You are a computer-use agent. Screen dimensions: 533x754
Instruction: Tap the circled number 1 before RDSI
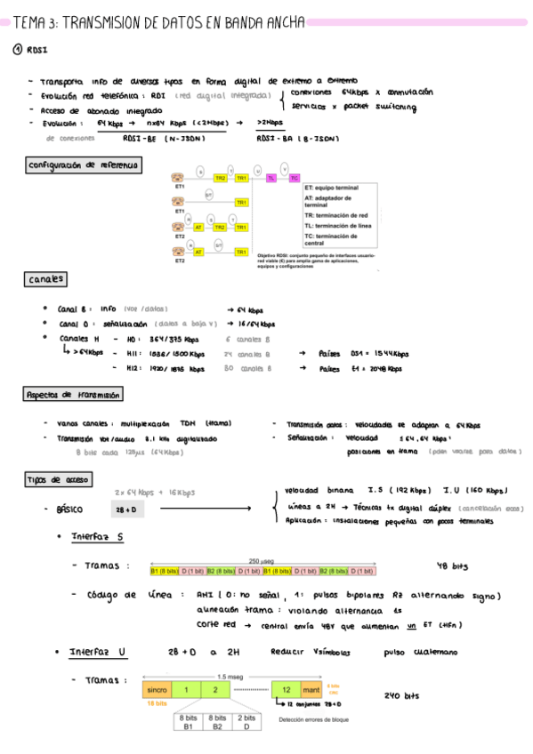(x=17, y=50)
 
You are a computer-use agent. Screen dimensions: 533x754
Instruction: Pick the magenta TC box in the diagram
(x=295, y=178)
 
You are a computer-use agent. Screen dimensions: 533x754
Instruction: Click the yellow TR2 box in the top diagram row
(x=220, y=178)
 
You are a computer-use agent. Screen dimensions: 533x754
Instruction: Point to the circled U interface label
(x=258, y=168)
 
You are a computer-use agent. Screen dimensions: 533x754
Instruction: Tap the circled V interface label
(x=285, y=168)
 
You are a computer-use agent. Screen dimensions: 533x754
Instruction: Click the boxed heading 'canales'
(x=44, y=279)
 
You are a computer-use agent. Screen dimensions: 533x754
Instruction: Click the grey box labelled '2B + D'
(x=125, y=509)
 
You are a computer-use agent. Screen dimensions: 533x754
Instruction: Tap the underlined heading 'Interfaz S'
(x=97, y=536)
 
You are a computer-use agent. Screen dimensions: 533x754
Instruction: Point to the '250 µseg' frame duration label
(x=261, y=561)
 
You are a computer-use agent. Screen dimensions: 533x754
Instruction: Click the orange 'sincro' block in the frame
(x=157, y=689)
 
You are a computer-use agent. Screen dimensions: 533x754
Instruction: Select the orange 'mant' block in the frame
(x=311, y=689)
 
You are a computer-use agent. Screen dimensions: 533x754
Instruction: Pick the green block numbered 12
(x=287, y=689)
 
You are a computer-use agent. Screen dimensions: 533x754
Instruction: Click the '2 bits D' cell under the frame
(x=246, y=721)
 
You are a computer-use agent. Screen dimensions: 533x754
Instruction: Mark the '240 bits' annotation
(x=401, y=695)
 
